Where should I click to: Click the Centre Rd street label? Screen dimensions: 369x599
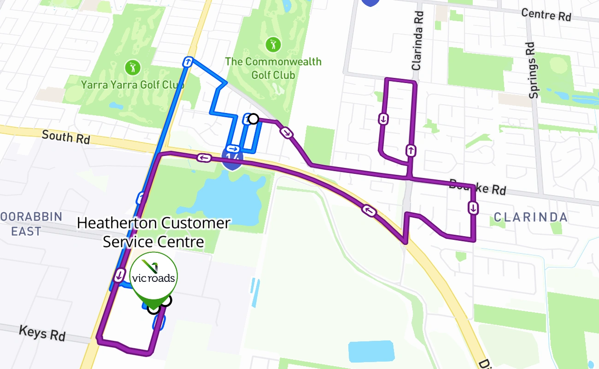[546, 15]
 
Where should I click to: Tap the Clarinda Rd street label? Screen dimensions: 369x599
[417, 41]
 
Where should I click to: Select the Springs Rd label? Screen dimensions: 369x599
[533, 70]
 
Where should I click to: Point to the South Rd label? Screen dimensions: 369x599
[65, 137]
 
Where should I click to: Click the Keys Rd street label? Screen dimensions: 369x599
[42, 333]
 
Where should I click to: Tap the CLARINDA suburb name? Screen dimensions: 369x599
[530, 217]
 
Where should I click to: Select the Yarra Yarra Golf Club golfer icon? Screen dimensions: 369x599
[133, 68]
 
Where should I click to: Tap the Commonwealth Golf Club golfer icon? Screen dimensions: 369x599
[273, 45]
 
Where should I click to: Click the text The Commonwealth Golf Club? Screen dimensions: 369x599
[273, 68]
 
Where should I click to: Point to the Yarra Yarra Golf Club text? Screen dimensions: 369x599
[133, 85]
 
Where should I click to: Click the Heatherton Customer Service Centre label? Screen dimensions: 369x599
[153, 232]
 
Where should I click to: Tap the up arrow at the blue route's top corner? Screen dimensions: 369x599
[188, 62]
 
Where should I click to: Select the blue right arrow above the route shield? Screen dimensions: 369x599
[233, 149]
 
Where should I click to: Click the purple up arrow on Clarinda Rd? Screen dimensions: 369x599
[410, 150]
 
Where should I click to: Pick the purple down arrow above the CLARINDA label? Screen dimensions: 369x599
[473, 208]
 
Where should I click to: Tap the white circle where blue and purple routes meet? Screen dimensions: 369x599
[253, 119]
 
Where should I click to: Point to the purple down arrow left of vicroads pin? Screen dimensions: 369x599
[119, 275]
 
